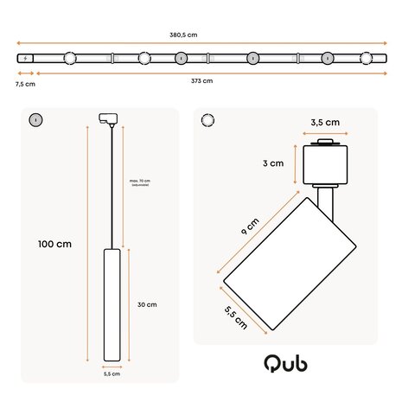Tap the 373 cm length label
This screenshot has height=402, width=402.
click(x=201, y=80)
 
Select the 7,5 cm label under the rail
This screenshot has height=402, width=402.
click(x=25, y=84)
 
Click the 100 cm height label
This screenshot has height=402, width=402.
click(x=54, y=244)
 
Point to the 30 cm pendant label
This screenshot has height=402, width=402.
click(x=146, y=304)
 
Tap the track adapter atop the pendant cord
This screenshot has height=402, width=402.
click(x=110, y=119)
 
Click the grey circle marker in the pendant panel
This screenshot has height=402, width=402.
click(x=35, y=119)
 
